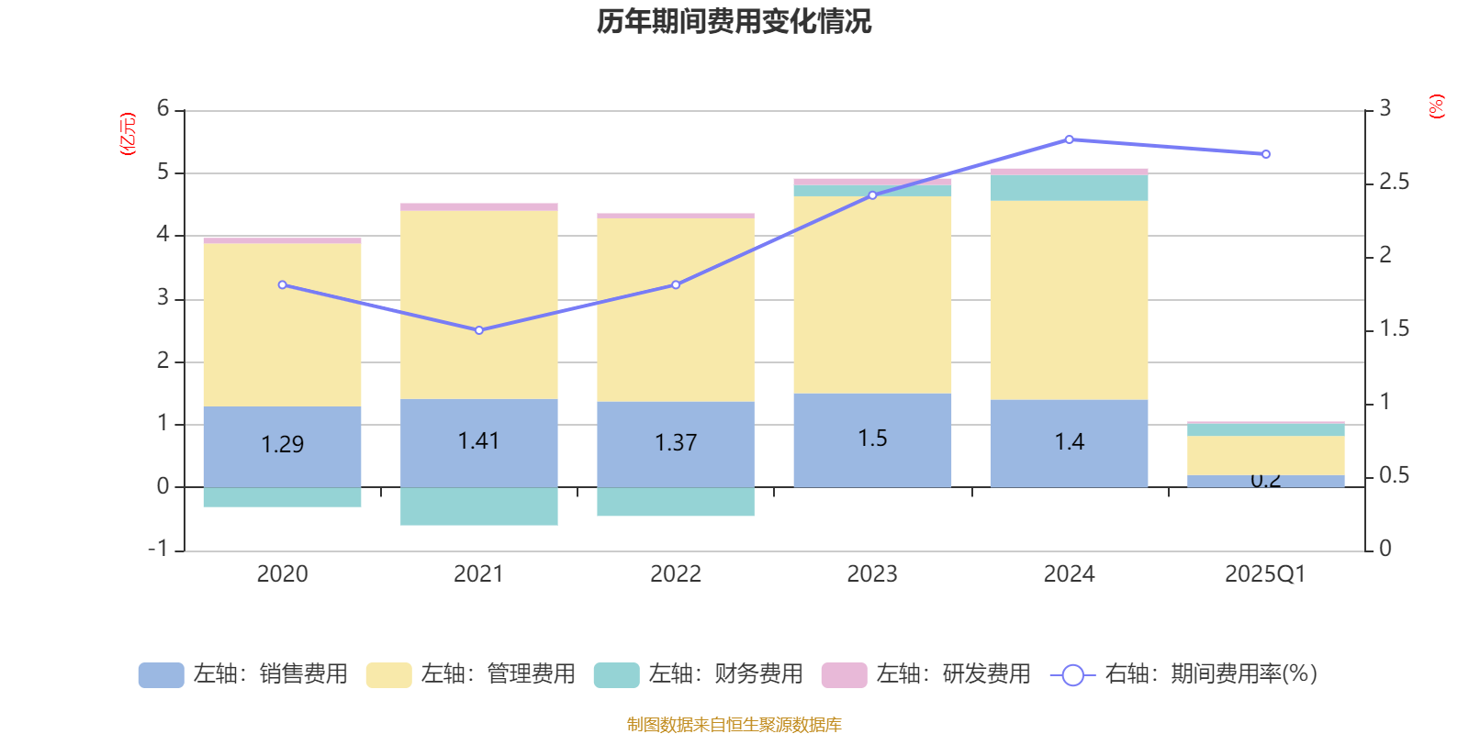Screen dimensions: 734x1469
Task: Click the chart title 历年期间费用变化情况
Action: pos(734,21)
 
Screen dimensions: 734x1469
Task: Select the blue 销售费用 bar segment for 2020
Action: pos(282,447)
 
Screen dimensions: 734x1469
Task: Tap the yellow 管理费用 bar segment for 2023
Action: pos(872,294)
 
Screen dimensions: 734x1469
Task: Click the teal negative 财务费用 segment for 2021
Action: pos(478,506)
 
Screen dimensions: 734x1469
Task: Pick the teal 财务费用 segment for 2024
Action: pos(1069,188)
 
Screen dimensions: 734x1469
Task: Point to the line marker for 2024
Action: pos(1069,139)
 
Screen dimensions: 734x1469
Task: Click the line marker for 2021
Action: pos(478,330)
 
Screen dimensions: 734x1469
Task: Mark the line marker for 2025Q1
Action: pos(1266,154)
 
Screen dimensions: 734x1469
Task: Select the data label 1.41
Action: pos(478,441)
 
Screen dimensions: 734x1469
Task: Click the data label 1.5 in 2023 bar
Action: pos(872,439)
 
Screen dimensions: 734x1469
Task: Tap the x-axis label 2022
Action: pos(676,574)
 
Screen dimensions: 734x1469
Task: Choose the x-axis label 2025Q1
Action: pos(1265,574)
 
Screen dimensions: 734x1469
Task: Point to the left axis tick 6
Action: pos(163,109)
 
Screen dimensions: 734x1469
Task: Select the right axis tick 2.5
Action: pos(1394,183)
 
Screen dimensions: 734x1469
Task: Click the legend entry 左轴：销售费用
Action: pos(243,674)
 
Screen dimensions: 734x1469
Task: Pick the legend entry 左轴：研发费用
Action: pos(926,674)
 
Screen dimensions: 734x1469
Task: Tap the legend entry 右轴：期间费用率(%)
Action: pos(1184,674)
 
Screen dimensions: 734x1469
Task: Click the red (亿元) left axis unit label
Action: pos(128,134)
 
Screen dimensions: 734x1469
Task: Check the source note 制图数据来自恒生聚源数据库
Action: pos(734,725)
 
